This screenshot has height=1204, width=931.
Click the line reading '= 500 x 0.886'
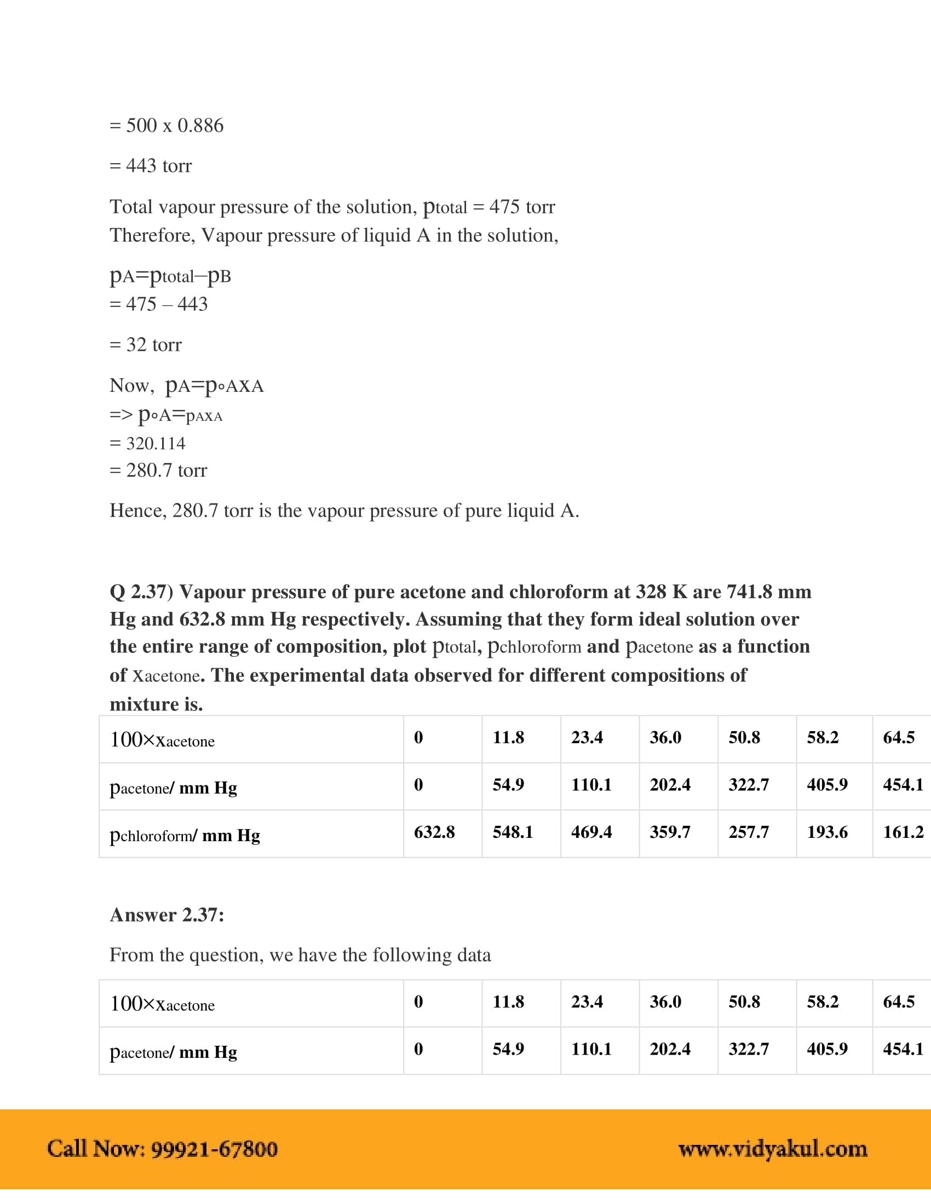click(166, 126)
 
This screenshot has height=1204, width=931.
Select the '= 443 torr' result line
click(151, 166)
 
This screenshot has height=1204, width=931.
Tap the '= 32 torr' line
click(146, 345)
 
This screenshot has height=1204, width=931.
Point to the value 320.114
click(156, 444)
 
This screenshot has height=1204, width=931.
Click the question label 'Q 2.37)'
click(141, 592)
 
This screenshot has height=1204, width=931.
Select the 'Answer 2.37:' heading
click(166, 915)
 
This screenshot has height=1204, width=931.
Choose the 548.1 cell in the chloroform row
click(513, 832)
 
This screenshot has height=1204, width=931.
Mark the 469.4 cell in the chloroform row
click(591, 832)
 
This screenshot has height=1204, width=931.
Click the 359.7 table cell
click(670, 832)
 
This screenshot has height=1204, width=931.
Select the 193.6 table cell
click(827, 832)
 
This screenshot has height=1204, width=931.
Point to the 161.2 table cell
click(903, 832)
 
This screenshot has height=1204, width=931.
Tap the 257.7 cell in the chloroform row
click(749, 832)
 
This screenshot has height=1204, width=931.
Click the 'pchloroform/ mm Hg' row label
click(185, 836)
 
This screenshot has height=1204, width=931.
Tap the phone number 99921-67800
click(214, 1149)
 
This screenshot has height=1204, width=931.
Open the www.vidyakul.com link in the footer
click(772, 1149)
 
